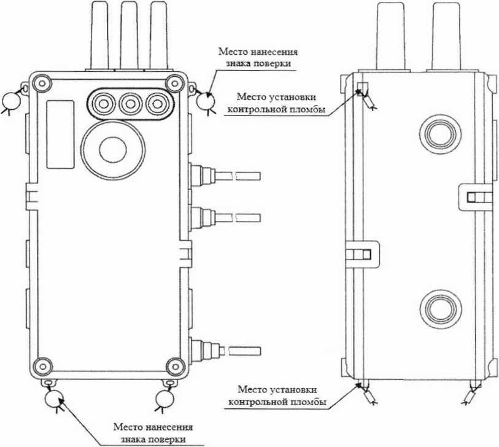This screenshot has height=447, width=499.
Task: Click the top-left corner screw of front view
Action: pos(42,84)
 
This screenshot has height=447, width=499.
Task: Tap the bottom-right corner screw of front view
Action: pos(176,366)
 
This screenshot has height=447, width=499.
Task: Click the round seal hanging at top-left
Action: pos(11,101)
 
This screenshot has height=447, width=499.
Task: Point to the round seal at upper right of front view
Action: pos(205,101)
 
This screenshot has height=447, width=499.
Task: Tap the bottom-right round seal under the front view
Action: pos(165,398)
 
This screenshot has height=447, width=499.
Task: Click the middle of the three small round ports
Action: pos(131,104)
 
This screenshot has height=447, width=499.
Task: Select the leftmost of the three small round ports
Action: pos(104,104)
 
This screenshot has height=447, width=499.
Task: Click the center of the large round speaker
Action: pos(113,150)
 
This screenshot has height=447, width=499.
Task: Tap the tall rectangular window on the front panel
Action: pos(61,134)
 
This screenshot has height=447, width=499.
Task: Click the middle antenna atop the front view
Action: pos(130,35)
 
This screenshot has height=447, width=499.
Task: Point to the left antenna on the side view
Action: pos(391,36)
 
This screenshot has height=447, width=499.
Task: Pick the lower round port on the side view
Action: pos(441,310)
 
